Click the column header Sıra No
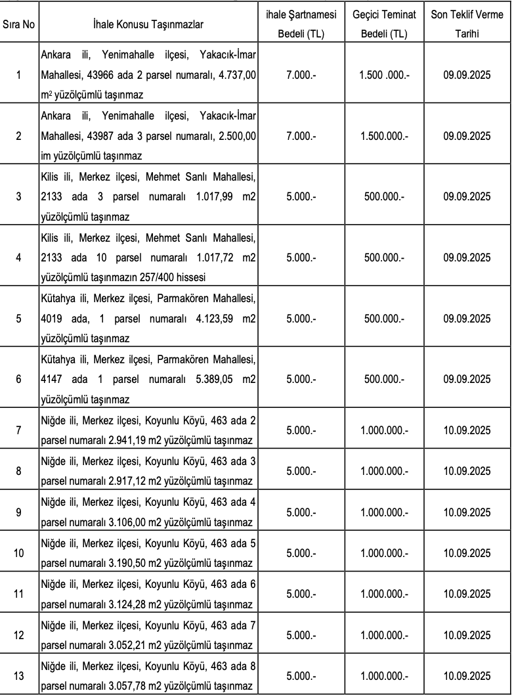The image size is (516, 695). [x=18, y=24]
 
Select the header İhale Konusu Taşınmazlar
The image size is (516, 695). [x=148, y=24]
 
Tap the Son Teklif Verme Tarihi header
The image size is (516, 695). [x=467, y=24]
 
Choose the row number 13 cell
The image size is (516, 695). [x=18, y=674]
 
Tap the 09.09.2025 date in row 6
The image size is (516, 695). [x=467, y=380]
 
